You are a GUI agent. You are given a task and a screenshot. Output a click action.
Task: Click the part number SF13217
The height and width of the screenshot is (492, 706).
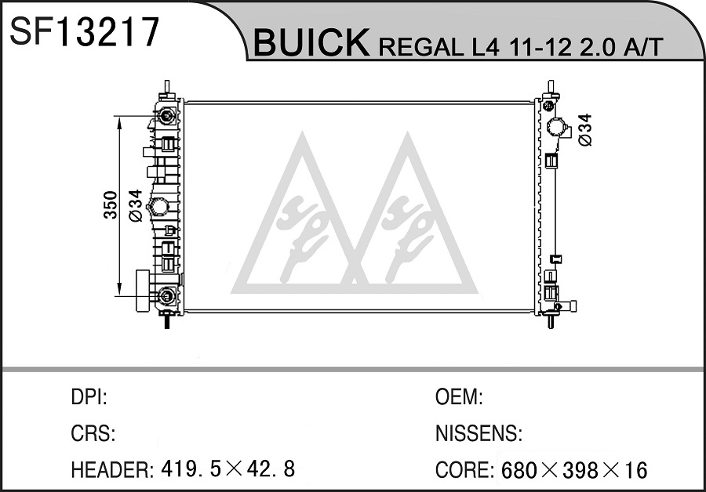85,32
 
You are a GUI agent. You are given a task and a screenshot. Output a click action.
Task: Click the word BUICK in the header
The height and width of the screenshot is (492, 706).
311,43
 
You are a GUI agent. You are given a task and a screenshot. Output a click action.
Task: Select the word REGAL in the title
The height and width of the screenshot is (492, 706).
421,47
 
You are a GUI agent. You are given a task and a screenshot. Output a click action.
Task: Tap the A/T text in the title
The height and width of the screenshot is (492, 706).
643,46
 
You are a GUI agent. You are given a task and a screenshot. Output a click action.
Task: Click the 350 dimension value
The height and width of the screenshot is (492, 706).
111,205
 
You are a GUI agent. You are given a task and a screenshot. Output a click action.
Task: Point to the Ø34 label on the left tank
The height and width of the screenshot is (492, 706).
135,205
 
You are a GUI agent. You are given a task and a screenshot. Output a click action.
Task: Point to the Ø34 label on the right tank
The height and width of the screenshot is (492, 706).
584,129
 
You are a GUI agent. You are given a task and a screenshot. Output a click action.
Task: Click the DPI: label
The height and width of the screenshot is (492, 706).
89,397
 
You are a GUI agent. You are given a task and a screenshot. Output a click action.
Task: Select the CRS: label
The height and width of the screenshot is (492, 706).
93,433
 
